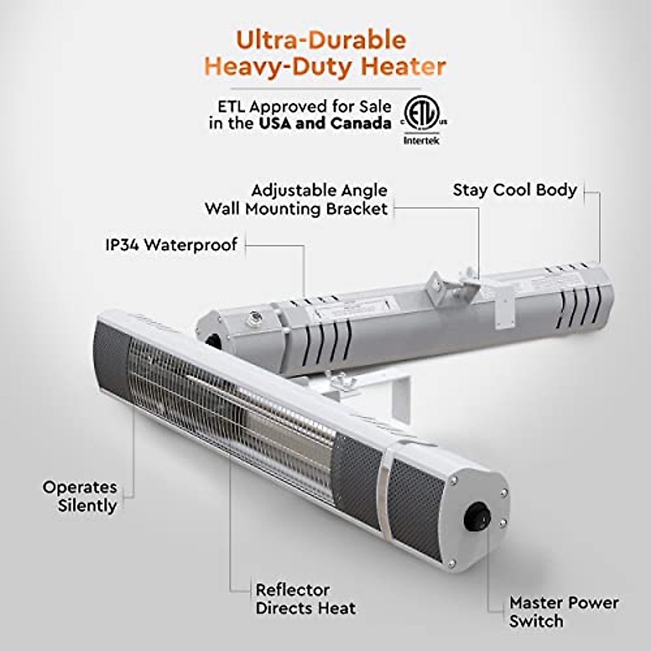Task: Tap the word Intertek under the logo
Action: tap(422, 141)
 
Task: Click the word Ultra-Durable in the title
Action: tap(321, 40)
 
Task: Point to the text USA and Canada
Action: tap(324, 123)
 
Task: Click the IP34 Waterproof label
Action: tap(171, 245)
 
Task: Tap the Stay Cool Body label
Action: tap(514, 190)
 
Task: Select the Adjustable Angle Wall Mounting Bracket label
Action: tap(296, 199)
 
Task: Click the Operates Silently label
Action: tap(80, 496)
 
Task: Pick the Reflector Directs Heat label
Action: tap(305, 599)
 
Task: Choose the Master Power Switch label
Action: tap(563, 611)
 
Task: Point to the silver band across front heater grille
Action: tap(384, 483)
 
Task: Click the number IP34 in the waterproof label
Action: tap(122, 245)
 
